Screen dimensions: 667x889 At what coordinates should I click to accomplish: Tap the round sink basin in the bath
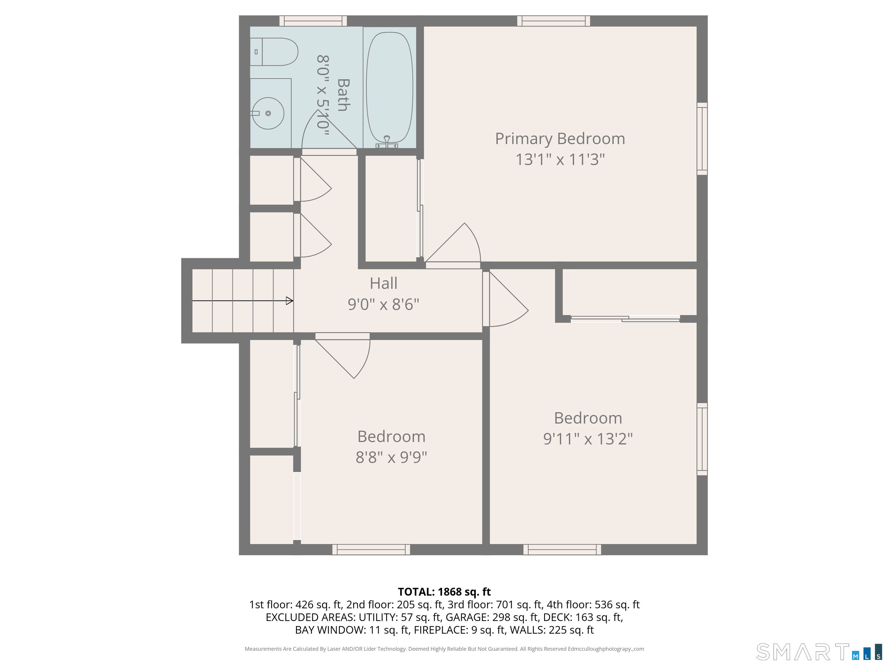(x=268, y=113)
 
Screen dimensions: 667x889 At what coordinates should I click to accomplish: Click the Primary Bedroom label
(x=560, y=139)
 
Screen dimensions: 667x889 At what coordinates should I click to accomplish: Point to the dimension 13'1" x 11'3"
(x=560, y=160)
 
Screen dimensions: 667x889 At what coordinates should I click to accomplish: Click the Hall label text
(x=383, y=283)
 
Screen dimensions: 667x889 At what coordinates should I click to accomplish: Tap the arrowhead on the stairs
(x=289, y=301)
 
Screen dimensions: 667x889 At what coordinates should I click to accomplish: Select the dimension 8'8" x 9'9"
(x=391, y=457)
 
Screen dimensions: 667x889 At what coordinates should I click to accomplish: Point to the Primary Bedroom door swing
(x=458, y=245)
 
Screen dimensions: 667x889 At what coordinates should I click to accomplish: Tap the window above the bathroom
(x=313, y=21)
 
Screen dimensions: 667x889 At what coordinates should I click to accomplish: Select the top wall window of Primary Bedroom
(x=553, y=21)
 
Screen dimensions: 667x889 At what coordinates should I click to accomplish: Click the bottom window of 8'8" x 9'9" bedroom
(x=371, y=549)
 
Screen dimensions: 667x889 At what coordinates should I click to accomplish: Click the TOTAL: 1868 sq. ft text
(x=444, y=592)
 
